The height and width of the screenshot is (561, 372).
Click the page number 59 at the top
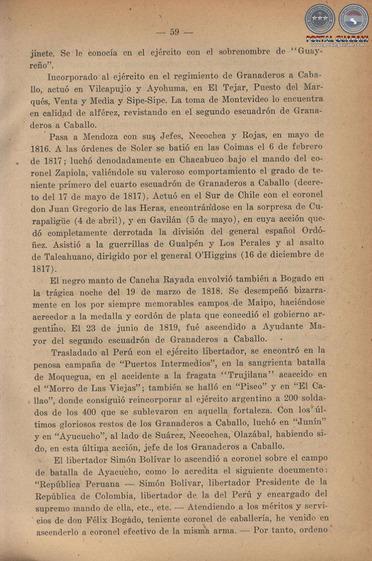(175, 32)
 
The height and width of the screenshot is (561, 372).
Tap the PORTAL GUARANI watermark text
(337, 38)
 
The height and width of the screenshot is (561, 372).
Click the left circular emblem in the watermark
(320, 19)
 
